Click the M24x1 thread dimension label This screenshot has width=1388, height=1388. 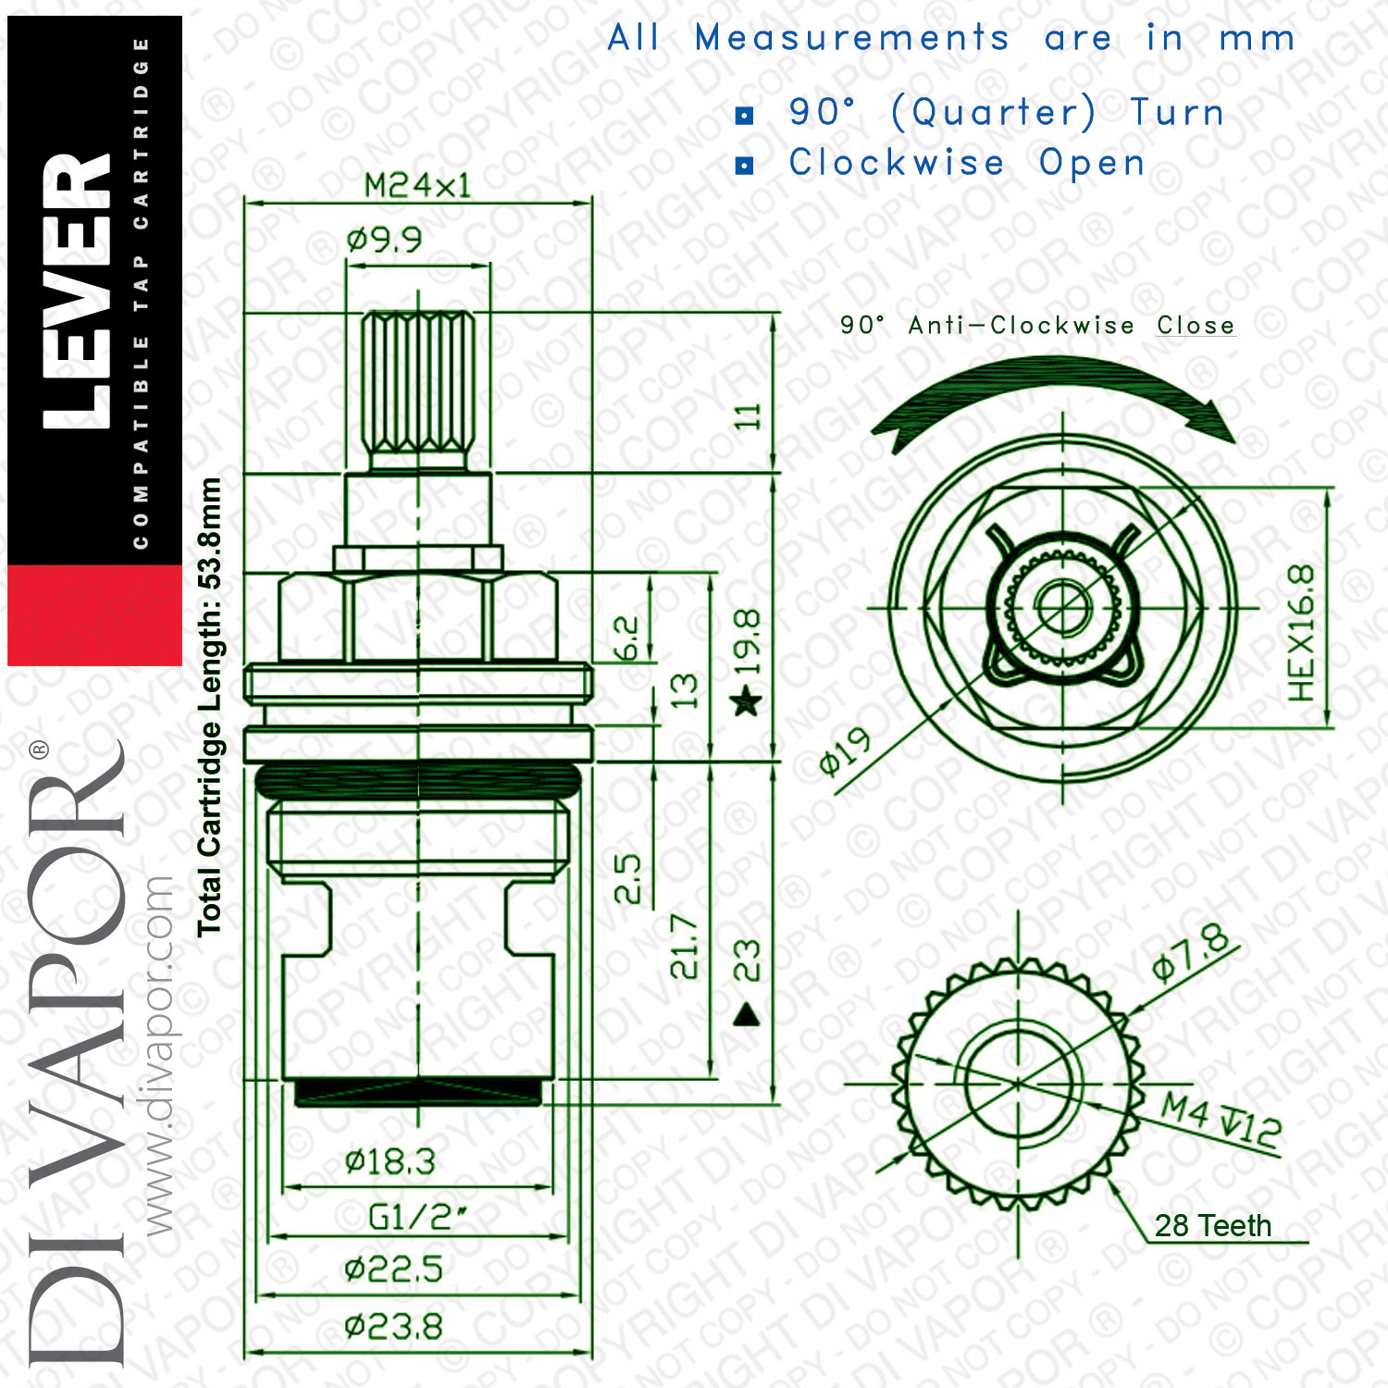click(417, 186)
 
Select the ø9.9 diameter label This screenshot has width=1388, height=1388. click(384, 241)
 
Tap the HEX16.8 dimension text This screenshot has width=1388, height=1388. click(1301, 632)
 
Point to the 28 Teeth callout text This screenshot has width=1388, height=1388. click(1213, 1226)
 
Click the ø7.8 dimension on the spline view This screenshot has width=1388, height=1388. click(1192, 953)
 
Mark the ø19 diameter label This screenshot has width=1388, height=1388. click(846, 751)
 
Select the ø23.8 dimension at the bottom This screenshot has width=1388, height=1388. click(393, 1328)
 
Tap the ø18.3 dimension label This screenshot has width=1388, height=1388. click(390, 1161)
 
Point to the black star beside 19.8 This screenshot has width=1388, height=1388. click(746, 700)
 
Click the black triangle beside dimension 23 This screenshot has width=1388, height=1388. click(746, 1015)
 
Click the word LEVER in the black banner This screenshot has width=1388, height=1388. click(78, 291)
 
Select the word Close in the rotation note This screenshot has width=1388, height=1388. click(1196, 326)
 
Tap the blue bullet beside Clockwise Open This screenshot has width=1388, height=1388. click(745, 166)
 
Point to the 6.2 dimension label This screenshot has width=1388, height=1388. click(626, 638)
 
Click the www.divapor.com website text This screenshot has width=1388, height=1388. click(159, 1055)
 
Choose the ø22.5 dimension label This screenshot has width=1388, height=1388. click(393, 1269)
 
